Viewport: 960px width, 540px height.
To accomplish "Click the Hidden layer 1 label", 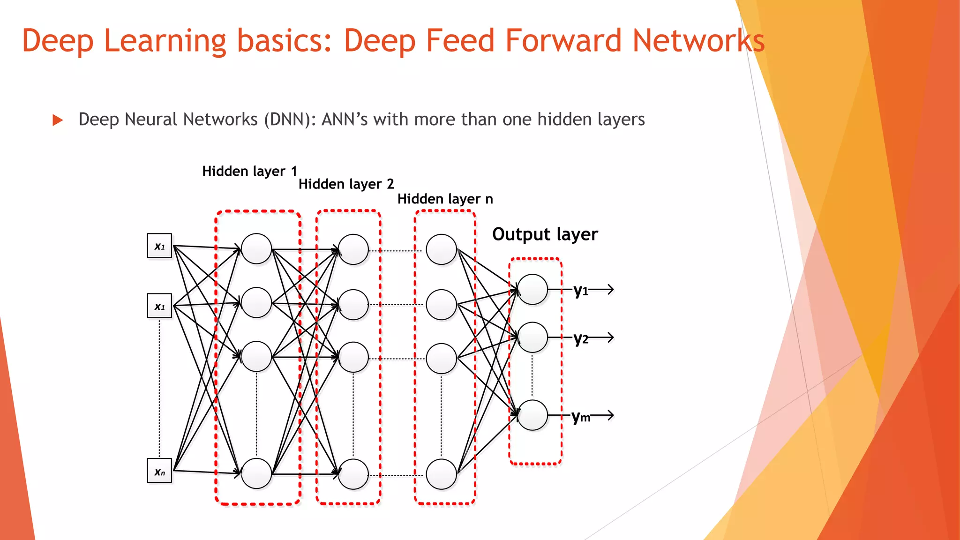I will click(249, 171).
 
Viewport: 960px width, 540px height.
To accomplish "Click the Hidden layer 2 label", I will click(346, 184).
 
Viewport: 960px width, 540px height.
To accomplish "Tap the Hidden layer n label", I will click(445, 199).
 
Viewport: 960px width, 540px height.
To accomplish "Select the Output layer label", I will click(545, 234).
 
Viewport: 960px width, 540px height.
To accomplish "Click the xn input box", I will click(159, 471).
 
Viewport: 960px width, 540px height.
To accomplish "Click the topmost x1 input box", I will click(159, 246).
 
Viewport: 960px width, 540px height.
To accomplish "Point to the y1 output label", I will click(581, 291).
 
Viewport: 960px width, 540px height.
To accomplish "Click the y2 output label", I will click(581, 338).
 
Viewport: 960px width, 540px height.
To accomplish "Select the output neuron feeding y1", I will click(532, 290).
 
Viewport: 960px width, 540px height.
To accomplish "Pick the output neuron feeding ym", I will click(532, 415).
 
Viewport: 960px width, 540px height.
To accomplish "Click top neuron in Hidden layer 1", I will click(256, 249).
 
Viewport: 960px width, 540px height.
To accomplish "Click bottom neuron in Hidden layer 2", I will click(353, 474).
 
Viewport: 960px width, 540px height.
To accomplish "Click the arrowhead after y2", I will click(610, 337).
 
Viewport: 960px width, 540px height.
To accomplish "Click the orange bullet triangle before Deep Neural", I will click(58, 120).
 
